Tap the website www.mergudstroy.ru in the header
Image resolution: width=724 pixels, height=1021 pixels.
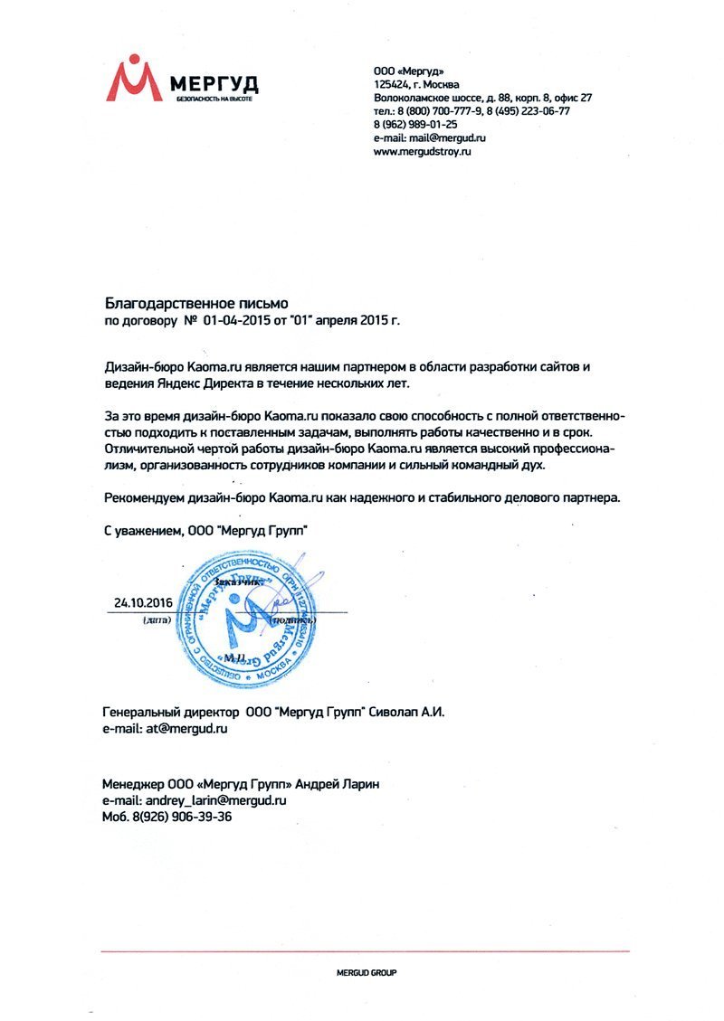click(x=423, y=152)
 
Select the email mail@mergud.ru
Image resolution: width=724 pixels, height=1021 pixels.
click(x=443, y=138)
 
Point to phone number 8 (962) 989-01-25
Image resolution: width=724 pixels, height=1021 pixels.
click(x=415, y=125)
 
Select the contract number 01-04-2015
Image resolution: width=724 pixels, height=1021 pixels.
click(x=237, y=320)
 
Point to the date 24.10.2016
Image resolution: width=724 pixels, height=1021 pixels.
click(x=142, y=601)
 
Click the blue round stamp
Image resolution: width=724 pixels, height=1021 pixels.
click(x=247, y=625)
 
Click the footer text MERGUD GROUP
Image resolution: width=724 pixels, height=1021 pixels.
click(x=366, y=972)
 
